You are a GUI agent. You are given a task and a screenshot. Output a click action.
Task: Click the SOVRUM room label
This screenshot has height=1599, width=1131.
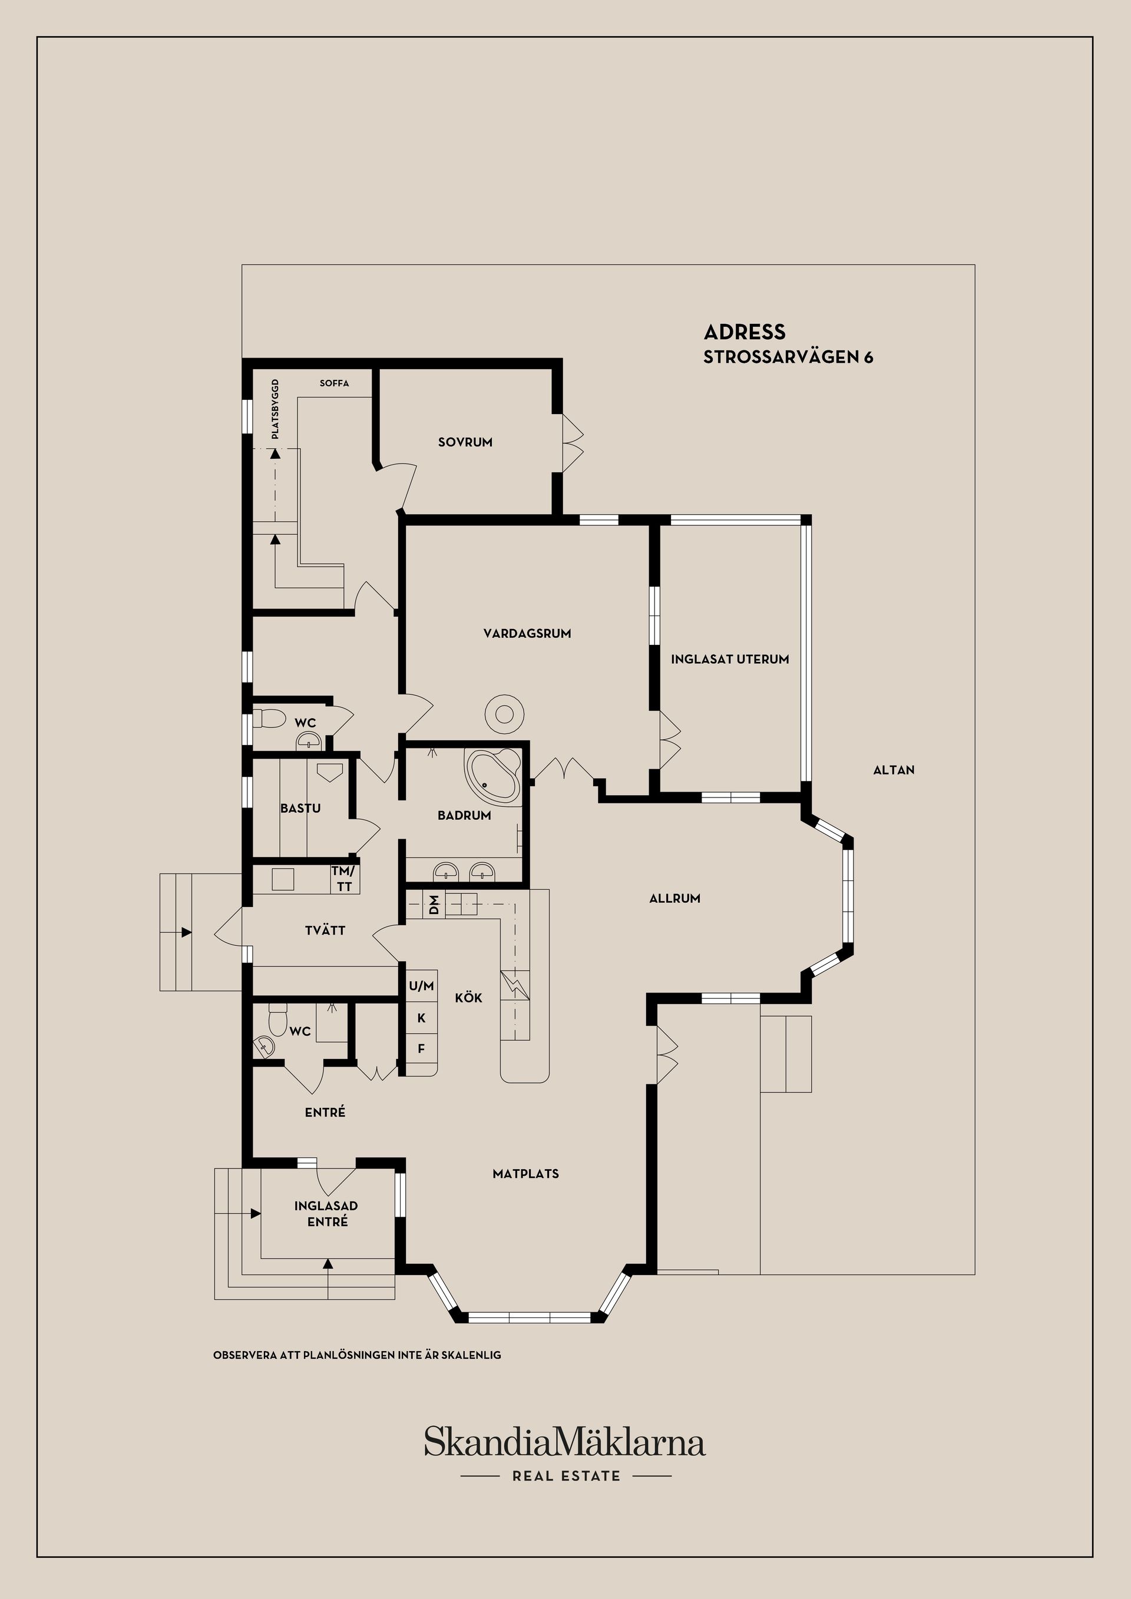tap(465, 442)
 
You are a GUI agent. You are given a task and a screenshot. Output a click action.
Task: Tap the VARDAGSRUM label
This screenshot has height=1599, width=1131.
tap(527, 634)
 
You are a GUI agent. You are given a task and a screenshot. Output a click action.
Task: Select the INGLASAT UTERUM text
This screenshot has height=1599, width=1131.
tap(730, 659)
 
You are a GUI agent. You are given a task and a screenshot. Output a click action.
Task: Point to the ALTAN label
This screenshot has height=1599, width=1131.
tap(894, 770)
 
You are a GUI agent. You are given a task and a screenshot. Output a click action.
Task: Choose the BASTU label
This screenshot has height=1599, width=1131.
tap(300, 809)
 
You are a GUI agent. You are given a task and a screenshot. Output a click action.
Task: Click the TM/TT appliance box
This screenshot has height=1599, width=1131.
tap(344, 879)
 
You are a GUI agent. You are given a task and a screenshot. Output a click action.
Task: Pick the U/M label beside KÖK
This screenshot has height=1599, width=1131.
tap(421, 986)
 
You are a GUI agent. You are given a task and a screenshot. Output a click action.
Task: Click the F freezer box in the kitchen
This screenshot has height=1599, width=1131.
tap(421, 1048)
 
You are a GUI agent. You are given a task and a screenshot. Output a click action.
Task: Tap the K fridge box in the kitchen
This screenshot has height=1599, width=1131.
tap(421, 1018)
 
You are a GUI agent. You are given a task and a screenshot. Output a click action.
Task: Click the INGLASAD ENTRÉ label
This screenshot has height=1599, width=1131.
tap(326, 1214)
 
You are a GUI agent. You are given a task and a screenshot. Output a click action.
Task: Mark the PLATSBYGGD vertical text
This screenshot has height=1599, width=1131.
tap(275, 409)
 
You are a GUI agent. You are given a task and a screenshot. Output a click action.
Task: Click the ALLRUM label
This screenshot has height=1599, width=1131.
tap(674, 898)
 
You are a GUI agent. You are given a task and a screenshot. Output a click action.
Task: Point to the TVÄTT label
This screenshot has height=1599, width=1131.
tap(325, 931)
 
